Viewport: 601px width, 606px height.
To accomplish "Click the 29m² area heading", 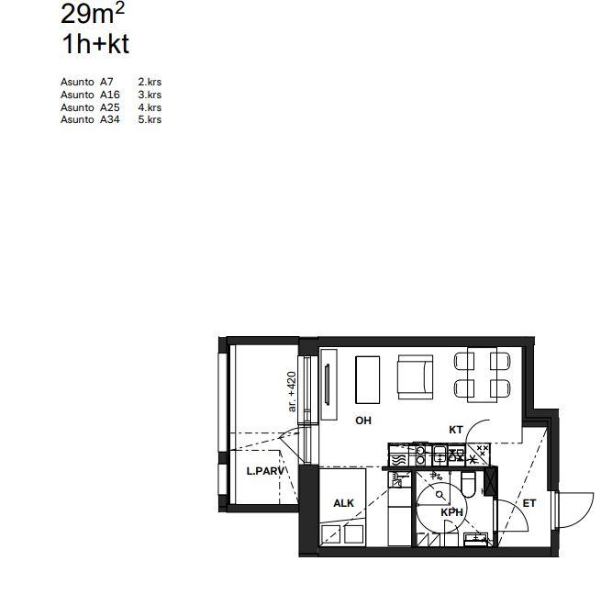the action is click(x=93, y=14).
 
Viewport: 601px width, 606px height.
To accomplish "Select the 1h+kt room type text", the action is click(x=95, y=44).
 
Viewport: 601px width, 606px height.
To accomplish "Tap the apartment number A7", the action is click(x=106, y=82).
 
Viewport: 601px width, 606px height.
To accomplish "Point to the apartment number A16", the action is click(x=110, y=95).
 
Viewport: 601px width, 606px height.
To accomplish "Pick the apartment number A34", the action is click(x=110, y=119).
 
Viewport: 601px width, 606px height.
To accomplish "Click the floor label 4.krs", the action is click(x=150, y=107).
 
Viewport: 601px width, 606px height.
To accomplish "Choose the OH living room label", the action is click(x=363, y=421).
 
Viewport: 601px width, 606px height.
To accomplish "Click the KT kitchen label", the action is click(x=456, y=430).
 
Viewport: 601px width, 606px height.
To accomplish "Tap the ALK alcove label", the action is click(x=343, y=503).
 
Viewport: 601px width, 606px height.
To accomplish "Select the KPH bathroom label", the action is click(x=452, y=512).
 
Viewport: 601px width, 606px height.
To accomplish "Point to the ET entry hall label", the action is click(x=529, y=503).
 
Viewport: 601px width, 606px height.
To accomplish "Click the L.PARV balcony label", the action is click(x=265, y=471).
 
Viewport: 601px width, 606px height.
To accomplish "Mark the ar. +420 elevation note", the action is click(x=293, y=391).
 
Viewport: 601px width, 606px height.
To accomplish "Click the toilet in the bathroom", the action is click(x=469, y=484).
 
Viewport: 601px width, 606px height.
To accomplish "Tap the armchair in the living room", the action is click(x=416, y=376).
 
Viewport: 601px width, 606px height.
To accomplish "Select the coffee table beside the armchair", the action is click(x=367, y=380).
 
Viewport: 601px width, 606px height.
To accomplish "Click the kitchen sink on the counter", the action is click(x=440, y=454).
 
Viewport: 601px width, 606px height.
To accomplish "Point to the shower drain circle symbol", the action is click(x=440, y=494).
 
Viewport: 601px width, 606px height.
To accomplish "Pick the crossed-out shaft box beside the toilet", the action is click(x=490, y=481).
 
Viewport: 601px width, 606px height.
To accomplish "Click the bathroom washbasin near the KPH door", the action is click(x=475, y=540).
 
